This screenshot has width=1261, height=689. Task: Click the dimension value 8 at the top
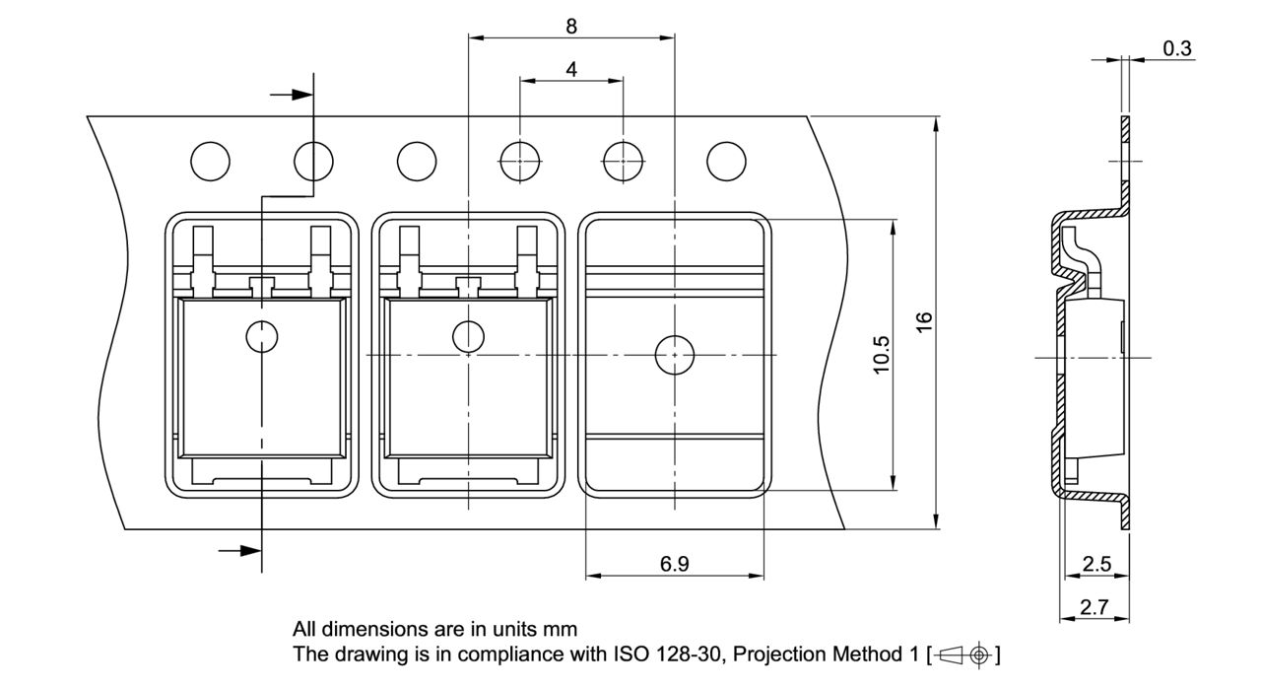click(x=571, y=27)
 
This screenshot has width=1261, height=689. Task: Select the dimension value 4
click(x=571, y=69)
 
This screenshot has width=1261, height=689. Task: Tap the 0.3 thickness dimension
click(x=1176, y=49)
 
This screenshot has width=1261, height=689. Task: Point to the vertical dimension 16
click(x=923, y=322)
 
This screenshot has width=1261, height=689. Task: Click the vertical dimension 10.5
click(x=881, y=354)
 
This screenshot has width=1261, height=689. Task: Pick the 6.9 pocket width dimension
click(x=674, y=564)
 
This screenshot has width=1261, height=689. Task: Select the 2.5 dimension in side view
click(x=1096, y=564)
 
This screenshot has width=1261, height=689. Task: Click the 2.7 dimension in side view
click(x=1094, y=608)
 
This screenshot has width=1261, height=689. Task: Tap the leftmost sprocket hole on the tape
click(x=211, y=161)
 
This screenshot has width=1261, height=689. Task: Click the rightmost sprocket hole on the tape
click(x=727, y=161)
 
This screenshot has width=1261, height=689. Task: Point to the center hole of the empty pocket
click(x=674, y=353)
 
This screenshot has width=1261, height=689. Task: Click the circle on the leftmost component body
click(x=262, y=337)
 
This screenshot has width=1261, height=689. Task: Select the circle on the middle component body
click(x=468, y=337)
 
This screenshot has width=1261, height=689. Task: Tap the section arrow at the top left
click(x=292, y=95)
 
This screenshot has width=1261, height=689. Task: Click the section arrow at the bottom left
click(x=239, y=550)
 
